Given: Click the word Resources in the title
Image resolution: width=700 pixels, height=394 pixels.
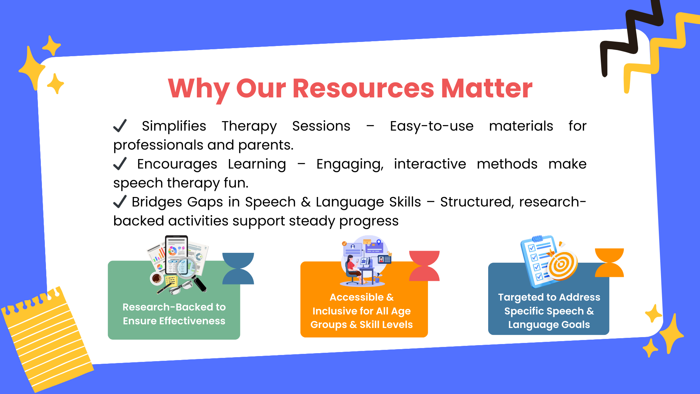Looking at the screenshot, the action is pyautogui.click(x=363, y=88).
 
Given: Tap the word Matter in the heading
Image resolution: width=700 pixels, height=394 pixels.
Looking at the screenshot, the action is pyautogui.click(x=487, y=88).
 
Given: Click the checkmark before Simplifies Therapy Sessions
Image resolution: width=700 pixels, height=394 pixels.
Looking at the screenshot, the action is pyautogui.click(x=120, y=125).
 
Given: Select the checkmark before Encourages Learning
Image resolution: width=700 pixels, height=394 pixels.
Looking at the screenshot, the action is pyautogui.click(x=120, y=163).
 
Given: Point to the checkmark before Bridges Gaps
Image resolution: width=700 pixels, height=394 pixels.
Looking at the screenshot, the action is pyautogui.click(x=120, y=201).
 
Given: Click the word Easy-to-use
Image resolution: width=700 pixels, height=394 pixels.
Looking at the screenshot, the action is pyautogui.click(x=432, y=126).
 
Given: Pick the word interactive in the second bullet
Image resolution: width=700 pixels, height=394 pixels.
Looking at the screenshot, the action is pyautogui.click(x=430, y=164).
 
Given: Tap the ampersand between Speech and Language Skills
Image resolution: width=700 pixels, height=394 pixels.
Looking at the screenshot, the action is pyautogui.click(x=306, y=202).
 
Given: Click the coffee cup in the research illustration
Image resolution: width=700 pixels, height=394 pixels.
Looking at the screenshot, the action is pyautogui.click(x=157, y=278).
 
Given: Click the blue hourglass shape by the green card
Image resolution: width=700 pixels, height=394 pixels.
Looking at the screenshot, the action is pyautogui.click(x=238, y=269).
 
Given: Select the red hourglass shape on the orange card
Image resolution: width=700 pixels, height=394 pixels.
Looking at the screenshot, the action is pyautogui.click(x=424, y=266).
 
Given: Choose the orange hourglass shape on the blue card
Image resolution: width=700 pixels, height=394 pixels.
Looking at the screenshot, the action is pyautogui.click(x=609, y=263).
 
